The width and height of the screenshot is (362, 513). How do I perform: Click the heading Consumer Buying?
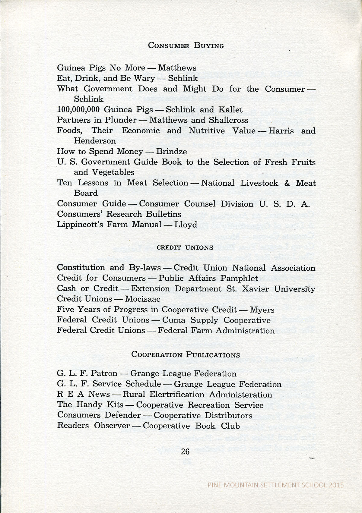[186, 46]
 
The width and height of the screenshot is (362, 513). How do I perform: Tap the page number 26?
[185, 451]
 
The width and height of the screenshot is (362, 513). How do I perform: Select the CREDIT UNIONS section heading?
[185, 247]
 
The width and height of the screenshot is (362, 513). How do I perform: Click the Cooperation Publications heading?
[186, 354]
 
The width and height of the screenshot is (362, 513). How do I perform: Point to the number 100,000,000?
[78, 110]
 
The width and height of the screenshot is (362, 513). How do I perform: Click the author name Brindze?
[171, 151]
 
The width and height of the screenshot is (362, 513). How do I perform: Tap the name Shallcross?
[228, 120]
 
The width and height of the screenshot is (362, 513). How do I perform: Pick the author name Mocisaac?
[142, 299]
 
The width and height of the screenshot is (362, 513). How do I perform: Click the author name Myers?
[262, 310]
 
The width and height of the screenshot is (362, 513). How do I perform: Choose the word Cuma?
[174, 320]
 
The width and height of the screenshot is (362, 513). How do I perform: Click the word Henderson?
[95, 141]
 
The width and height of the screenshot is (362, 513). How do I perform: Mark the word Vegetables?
[113, 172]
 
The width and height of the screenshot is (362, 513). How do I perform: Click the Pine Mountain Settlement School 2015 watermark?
[276, 485]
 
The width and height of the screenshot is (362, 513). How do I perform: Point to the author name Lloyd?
[186, 225]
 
